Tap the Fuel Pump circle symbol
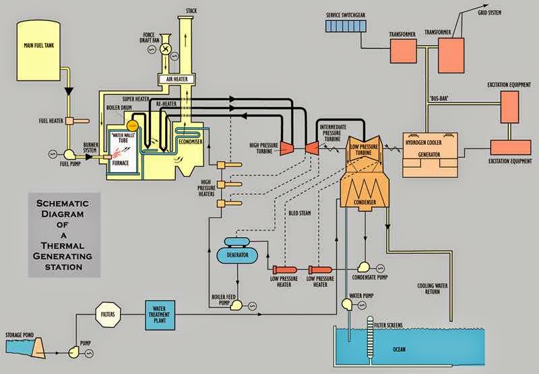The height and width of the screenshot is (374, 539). [x=69, y=154]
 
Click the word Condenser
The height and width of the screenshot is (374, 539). [x=362, y=202]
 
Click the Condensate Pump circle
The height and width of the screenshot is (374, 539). [x=365, y=265]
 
